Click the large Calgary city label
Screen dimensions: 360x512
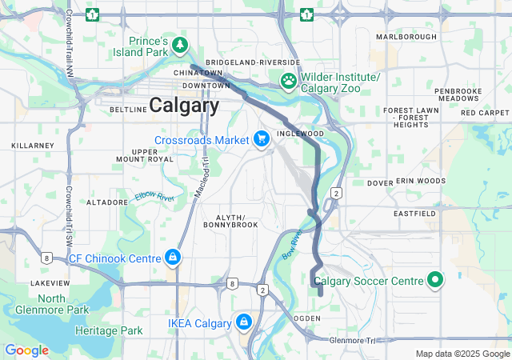pos(184,106)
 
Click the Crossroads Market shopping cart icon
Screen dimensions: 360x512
pos(261,139)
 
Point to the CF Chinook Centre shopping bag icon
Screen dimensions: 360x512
pos(172,258)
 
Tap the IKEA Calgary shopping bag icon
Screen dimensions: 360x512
pos(243,322)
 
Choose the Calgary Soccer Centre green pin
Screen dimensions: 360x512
pos(435,280)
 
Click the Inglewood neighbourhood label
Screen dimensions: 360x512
pos(300,134)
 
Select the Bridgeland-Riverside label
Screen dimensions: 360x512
pos(252,62)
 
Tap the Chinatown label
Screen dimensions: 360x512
pos(198,73)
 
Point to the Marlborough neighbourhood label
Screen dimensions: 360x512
pos(406,37)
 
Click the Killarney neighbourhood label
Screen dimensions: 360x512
pos(31,146)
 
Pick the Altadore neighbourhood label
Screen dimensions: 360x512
pos(107,202)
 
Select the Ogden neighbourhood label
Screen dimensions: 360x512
pos(308,318)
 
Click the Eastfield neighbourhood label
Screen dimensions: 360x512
pos(414,214)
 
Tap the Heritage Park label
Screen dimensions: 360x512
pos(109,330)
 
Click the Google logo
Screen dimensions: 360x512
pos(26,350)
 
